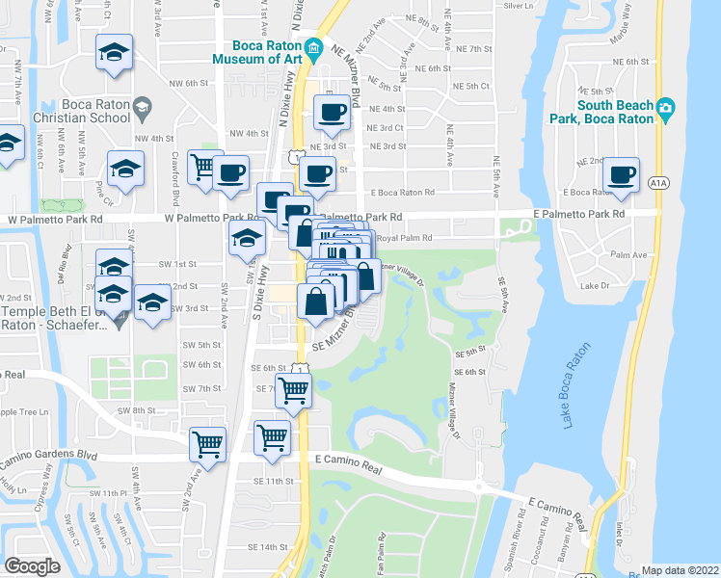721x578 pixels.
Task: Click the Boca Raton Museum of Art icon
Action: pos(313,50)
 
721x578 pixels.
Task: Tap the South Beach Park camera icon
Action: pos(665,110)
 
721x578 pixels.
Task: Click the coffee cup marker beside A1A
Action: pos(621,174)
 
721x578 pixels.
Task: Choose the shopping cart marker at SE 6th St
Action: pos(293,391)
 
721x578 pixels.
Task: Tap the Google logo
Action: pos(32,566)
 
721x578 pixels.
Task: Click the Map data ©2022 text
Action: pos(680,570)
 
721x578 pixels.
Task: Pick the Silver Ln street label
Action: pos(518,6)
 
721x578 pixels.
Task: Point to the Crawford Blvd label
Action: pos(175,188)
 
